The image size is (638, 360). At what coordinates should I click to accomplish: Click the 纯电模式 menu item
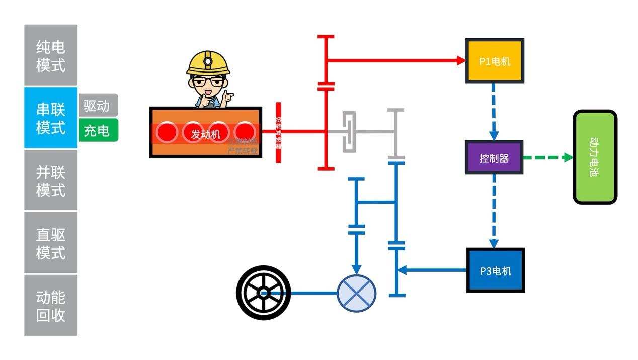[51, 55]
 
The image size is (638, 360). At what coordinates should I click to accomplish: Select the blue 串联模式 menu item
[51, 118]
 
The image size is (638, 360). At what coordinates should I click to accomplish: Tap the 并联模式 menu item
[51, 181]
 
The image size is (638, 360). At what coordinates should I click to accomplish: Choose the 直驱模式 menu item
[51, 243]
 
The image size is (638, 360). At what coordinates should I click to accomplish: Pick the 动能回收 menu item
[51, 306]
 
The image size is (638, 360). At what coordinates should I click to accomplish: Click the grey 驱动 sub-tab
[98, 105]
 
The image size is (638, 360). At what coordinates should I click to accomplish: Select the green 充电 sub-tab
[98, 130]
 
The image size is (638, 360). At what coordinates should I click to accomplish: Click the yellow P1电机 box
[495, 61]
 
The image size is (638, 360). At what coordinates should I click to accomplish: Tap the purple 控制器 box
[494, 158]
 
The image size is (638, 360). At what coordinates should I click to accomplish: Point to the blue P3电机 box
[496, 270]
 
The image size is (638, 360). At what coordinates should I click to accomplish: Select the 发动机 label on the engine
[206, 134]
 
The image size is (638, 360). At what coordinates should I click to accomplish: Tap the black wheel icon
[263, 293]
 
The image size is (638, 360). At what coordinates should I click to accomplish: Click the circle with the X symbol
[356, 293]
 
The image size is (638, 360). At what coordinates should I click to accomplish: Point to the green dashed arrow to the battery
[547, 158]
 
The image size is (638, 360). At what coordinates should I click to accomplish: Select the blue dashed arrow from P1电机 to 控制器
[494, 111]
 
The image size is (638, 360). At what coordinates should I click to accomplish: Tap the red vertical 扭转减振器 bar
[278, 132]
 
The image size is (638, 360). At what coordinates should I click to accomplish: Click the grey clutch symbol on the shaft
[349, 131]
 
